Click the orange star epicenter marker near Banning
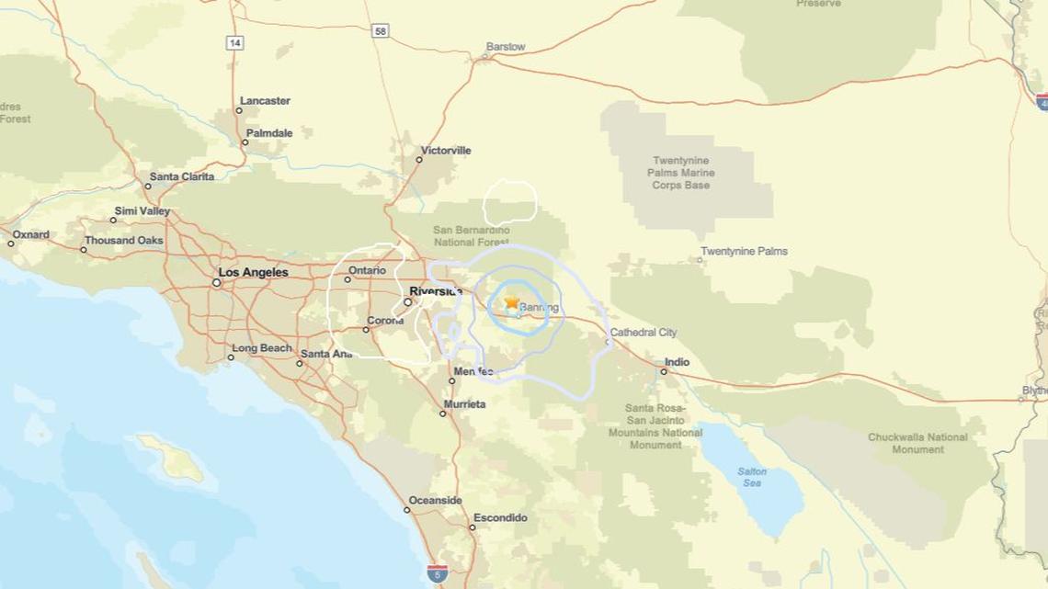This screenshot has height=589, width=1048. click(x=511, y=302)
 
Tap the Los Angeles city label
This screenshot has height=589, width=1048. click(x=253, y=273)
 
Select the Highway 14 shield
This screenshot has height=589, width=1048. click(x=234, y=43)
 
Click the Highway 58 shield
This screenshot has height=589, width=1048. click(x=381, y=31)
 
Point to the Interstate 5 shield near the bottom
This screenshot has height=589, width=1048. click(x=438, y=573)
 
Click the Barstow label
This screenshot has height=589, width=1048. click(x=506, y=47)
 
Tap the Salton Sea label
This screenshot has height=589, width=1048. click(x=751, y=477)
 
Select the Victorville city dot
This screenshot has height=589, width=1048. click(x=419, y=160)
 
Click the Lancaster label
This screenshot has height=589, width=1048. click(x=265, y=101)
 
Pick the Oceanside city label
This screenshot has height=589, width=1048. click(x=435, y=501)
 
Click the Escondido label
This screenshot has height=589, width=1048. click(x=503, y=518)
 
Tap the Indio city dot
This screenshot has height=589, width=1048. click(x=664, y=371)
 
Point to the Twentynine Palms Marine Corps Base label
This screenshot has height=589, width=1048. click(x=681, y=173)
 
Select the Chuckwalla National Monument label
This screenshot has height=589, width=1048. click(x=917, y=443)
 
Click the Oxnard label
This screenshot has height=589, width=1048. click(x=30, y=235)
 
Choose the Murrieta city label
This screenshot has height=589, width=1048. click(x=464, y=404)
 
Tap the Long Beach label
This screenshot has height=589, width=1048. click(x=261, y=349)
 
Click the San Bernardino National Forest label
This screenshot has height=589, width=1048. click(x=472, y=236)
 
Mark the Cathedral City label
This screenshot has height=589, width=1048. click(x=644, y=333)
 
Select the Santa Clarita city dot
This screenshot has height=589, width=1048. click(x=148, y=187)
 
